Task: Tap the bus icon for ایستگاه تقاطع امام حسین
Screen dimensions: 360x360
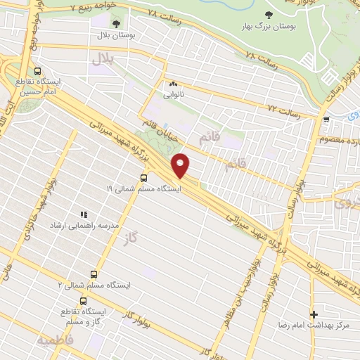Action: [x=37, y=71]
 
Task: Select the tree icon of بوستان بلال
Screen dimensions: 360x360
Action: [x=116, y=23]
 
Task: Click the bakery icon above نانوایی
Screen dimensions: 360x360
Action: [x=172, y=82]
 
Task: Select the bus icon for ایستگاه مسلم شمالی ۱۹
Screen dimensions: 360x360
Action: [x=144, y=178]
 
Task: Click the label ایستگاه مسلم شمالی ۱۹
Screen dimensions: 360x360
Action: [x=143, y=189]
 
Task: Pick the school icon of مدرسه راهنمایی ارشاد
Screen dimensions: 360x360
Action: [x=82, y=214]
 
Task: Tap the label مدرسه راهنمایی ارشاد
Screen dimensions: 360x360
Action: [x=82, y=225]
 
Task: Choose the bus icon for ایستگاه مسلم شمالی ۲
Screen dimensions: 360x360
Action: [x=94, y=274]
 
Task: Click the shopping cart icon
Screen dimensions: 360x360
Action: [x=326, y=119]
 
